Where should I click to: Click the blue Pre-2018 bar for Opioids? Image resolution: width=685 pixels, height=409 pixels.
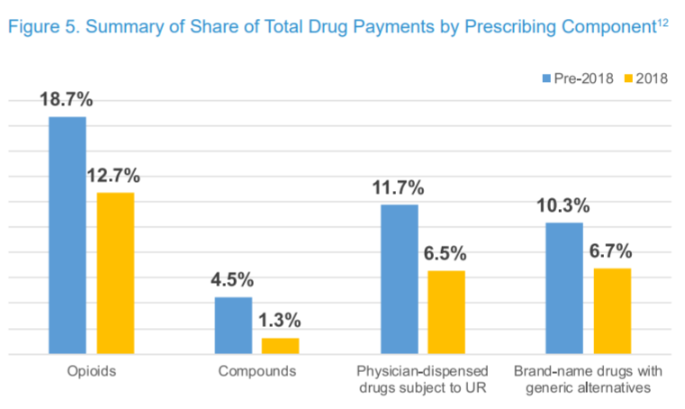pyautogui.click(x=68, y=236)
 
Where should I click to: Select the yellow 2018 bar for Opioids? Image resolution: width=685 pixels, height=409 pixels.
pyautogui.click(x=115, y=274)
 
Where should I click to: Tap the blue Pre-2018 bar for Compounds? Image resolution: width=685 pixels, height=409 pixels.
pyautogui.click(x=233, y=326)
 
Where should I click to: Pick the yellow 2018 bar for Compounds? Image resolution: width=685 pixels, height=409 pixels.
pyautogui.click(x=280, y=346)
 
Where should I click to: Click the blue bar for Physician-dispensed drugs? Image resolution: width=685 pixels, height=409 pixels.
pyautogui.click(x=399, y=280)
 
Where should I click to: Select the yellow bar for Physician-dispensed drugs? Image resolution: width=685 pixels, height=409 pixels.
pyautogui.click(x=446, y=313)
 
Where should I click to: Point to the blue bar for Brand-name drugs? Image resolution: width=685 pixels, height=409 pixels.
pyautogui.click(x=564, y=288)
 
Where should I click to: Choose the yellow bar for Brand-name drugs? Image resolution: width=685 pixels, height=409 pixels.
pyautogui.click(x=612, y=312)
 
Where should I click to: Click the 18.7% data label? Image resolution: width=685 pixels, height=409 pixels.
pyautogui.click(x=66, y=100)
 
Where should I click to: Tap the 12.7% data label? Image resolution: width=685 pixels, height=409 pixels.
pyautogui.click(x=113, y=176)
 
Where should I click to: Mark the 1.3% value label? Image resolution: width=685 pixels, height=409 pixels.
pyautogui.click(x=280, y=321)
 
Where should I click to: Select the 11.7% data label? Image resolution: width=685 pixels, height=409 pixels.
pyautogui.click(x=399, y=188)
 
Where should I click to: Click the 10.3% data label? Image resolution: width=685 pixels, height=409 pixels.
pyautogui.click(x=563, y=206)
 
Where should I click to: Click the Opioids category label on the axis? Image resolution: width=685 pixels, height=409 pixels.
pyautogui.click(x=91, y=371)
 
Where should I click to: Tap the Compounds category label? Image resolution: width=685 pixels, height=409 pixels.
pyautogui.click(x=257, y=371)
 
